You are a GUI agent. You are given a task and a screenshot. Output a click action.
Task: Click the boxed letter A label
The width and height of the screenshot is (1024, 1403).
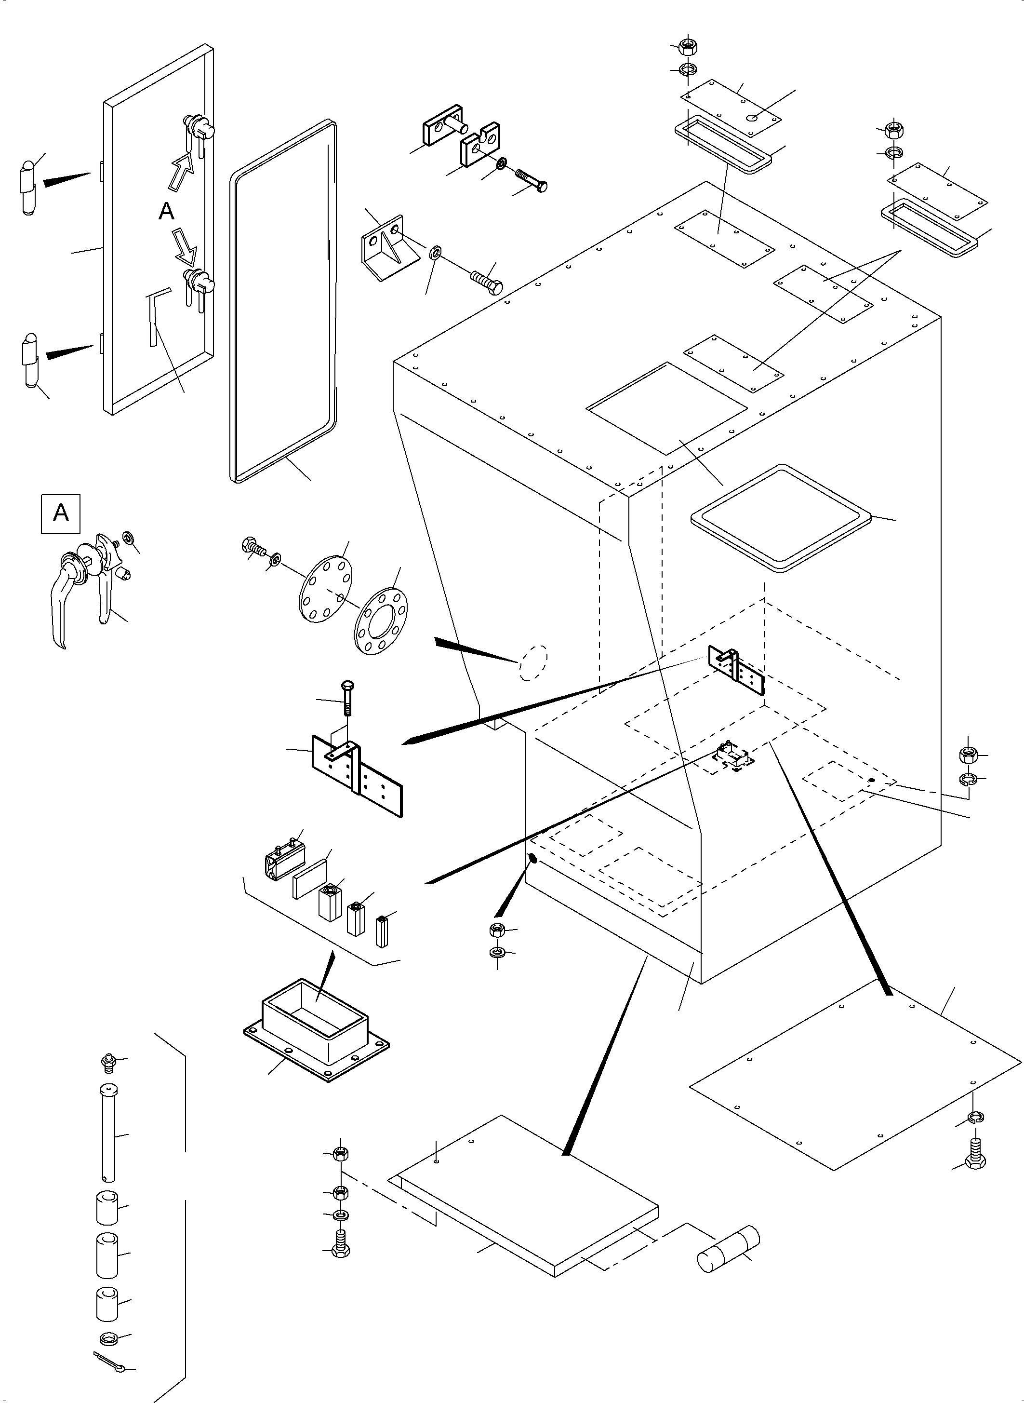click(x=61, y=513)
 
